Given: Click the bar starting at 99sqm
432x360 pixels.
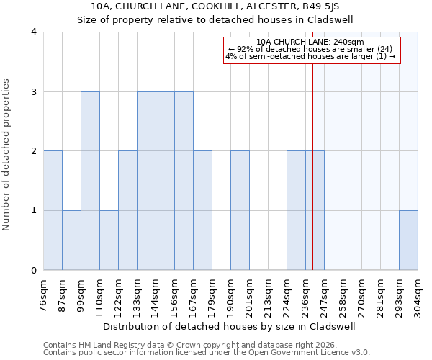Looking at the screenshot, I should [90, 181].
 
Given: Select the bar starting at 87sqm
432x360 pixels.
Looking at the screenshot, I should [71, 240].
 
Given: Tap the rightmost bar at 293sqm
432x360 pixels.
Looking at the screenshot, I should [408, 240].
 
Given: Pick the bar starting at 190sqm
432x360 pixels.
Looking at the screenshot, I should [240, 210].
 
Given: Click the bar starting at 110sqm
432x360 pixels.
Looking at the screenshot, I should [109, 240].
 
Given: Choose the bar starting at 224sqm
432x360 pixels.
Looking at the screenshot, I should [296, 210].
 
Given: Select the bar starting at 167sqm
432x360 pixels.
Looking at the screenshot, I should [202, 210].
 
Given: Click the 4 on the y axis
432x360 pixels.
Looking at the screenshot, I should [34, 32].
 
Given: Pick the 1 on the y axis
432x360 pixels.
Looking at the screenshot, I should [34, 211].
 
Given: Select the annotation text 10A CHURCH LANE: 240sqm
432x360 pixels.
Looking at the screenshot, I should [310, 42].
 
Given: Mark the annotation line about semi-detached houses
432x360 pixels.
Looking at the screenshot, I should [310, 56].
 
